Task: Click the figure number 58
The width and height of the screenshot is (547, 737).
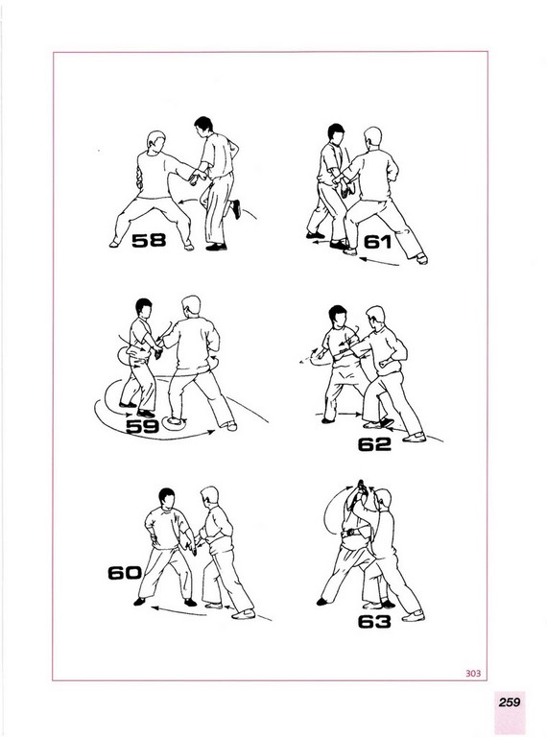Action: pyautogui.click(x=149, y=240)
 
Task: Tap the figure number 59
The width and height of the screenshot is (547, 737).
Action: pyautogui.click(x=143, y=426)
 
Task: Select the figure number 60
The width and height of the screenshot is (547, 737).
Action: pyautogui.click(x=125, y=573)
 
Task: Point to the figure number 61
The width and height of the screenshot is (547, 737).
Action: pyautogui.click(x=378, y=242)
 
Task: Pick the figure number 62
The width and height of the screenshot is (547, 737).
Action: pyautogui.click(x=374, y=444)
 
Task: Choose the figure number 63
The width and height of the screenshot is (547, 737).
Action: pyautogui.click(x=374, y=622)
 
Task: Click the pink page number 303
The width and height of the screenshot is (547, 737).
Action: pyautogui.click(x=473, y=673)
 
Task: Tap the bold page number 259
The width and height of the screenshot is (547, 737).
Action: pyautogui.click(x=510, y=701)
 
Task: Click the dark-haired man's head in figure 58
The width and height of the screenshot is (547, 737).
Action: pyautogui.click(x=203, y=127)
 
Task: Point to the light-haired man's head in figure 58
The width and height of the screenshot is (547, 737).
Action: pyautogui.click(x=156, y=142)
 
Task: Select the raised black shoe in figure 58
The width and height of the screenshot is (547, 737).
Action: pyautogui.click(x=236, y=209)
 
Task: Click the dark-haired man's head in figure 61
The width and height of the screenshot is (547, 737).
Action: pyautogui.click(x=336, y=135)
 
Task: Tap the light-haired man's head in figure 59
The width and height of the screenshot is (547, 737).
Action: pyautogui.click(x=191, y=306)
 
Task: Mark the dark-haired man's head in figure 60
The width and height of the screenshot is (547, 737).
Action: pyautogui.click(x=166, y=499)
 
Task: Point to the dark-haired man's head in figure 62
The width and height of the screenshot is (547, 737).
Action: pyautogui.click(x=337, y=317)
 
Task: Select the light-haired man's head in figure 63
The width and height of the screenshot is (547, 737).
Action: pyautogui.click(x=383, y=499)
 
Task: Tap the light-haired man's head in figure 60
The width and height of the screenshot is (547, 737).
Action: pyautogui.click(x=209, y=497)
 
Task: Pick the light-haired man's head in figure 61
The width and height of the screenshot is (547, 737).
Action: pyautogui.click(x=372, y=138)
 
